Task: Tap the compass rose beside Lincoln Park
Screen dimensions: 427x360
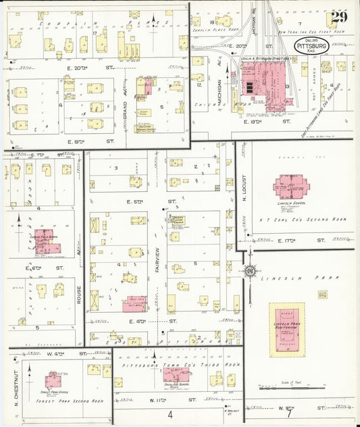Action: tap(250, 272)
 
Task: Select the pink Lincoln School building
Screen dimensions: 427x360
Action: tap(290, 186)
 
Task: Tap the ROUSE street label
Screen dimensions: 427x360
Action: tap(80, 293)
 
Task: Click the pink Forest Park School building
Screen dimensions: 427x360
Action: tap(53, 380)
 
